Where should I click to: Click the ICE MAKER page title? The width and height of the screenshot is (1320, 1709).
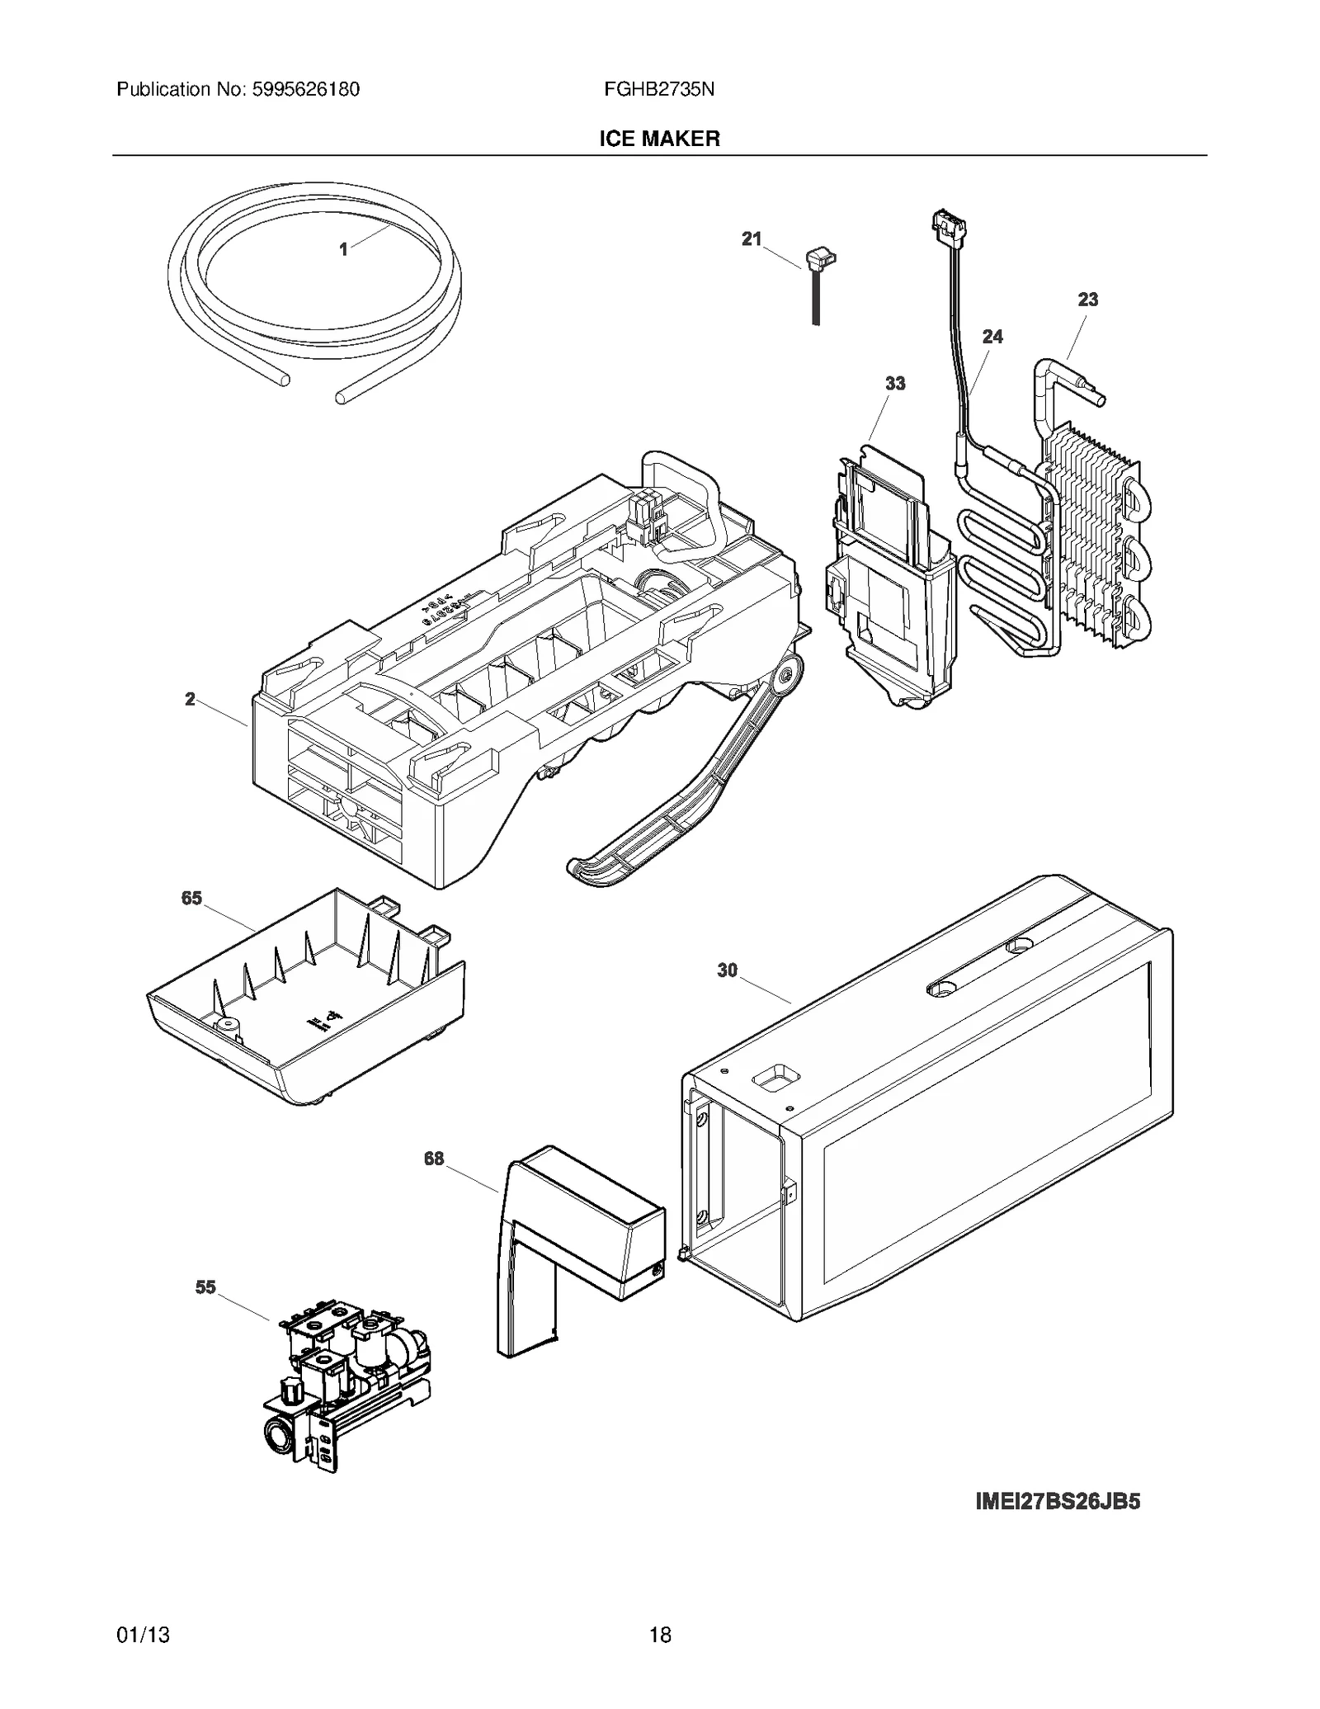(x=659, y=139)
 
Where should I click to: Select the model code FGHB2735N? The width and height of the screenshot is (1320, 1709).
(x=658, y=89)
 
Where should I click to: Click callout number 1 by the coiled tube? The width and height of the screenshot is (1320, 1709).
(x=344, y=248)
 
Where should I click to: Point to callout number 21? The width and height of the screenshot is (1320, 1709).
(x=751, y=238)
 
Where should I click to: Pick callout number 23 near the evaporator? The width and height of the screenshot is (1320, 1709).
(x=1087, y=300)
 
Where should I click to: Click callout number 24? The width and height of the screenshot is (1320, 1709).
(x=992, y=337)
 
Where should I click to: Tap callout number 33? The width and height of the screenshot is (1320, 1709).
(x=894, y=384)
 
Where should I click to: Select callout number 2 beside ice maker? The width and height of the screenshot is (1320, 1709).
(x=190, y=699)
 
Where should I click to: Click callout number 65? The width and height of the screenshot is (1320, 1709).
(x=191, y=898)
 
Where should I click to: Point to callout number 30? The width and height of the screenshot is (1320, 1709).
(x=727, y=970)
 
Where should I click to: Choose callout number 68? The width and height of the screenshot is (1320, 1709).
(x=434, y=1159)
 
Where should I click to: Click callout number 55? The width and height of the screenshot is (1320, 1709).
(x=205, y=1287)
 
